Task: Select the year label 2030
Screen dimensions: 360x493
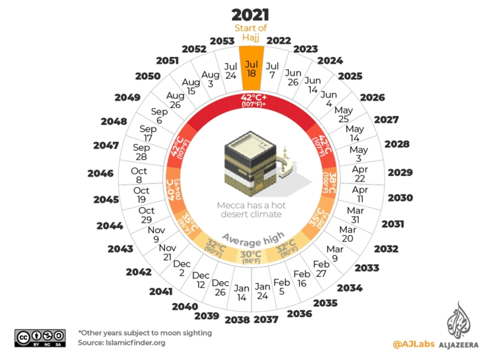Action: click(400, 198)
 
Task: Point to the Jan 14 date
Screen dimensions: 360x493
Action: click(241, 293)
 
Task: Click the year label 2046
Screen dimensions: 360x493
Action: click(100, 173)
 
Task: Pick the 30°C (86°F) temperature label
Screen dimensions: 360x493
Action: click(251, 257)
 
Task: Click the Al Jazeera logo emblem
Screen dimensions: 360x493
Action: click(459, 322)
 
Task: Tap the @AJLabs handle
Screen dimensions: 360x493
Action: click(411, 344)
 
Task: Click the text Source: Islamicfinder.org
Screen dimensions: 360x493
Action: click(121, 343)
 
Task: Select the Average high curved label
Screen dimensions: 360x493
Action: click(253, 237)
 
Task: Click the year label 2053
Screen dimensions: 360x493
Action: click(222, 41)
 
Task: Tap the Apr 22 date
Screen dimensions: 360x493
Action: click(360, 174)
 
